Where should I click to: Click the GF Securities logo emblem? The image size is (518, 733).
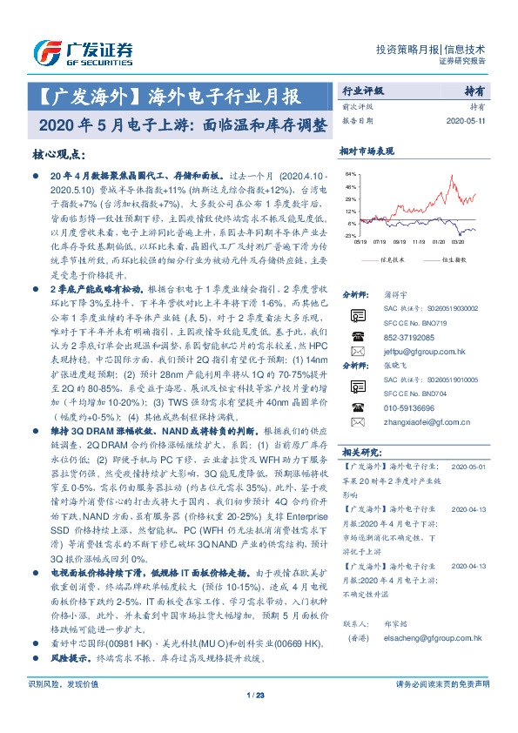pos(43,50)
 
